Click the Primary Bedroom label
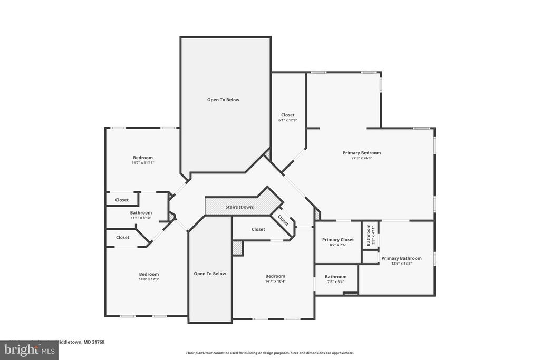(x=361, y=153)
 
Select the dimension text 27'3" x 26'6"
(x=361, y=158)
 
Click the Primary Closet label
(x=338, y=240)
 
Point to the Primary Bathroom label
(x=401, y=258)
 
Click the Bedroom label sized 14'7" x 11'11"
(x=142, y=158)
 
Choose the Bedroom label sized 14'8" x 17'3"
(x=149, y=274)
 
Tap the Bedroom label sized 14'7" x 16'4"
(x=275, y=276)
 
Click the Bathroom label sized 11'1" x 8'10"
(x=141, y=213)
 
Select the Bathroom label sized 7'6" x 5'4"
(x=335, y=277)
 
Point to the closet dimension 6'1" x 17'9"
(x=287, y=120)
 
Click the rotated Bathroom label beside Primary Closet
(x=369, y=235)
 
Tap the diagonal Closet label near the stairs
(x=283, y=220)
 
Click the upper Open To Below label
(x=223, y=100)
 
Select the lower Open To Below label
(x=210, y=274)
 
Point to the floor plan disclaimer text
(x=269, y=353)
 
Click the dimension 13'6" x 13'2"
(x=401, y=264)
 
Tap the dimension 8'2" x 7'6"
(x=338, y=245)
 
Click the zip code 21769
(x=97, y=342)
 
